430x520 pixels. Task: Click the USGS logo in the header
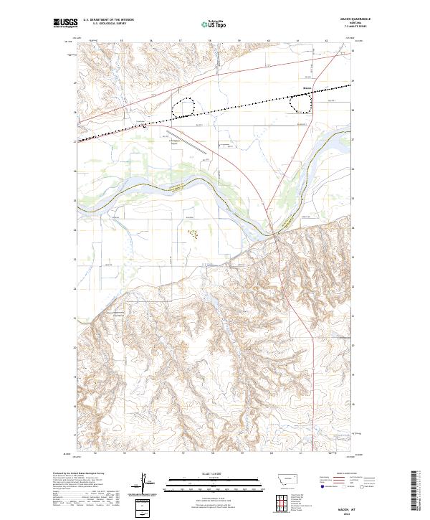click(x=65, y=24)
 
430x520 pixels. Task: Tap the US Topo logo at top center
click(x=215, y=24)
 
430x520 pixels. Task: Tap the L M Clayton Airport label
click(x=177, y=143)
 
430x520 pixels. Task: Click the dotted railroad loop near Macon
click(x=301, y=103)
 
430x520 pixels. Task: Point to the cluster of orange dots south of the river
click(x=191, y=233)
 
